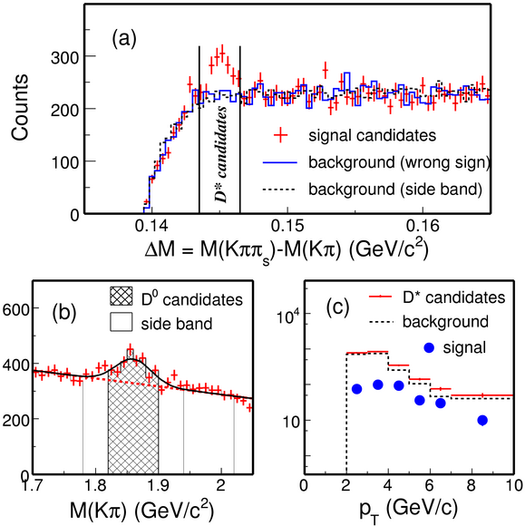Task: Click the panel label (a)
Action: click(124, 39)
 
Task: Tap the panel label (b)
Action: click(64, 313)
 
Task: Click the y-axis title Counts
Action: click(20, 107)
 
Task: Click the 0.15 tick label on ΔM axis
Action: click(287, 226)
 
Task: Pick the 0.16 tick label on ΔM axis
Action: click(423, 226)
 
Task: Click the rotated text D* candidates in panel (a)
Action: click(220, 155)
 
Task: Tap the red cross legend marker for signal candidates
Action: click(281, 135)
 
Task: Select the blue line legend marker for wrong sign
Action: click(280, 163)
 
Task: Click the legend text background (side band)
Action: click(395, 190)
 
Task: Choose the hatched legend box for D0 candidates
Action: click(122, 297)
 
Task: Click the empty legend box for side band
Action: click(122, 322)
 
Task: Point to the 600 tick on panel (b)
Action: click(16, 309)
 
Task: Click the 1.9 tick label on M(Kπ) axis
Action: click(158, 485)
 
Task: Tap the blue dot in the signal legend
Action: click(429, 348)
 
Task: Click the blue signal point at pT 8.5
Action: click(482, 420)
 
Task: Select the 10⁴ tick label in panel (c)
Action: click(287, 315)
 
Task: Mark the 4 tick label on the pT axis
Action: click(388, 485)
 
